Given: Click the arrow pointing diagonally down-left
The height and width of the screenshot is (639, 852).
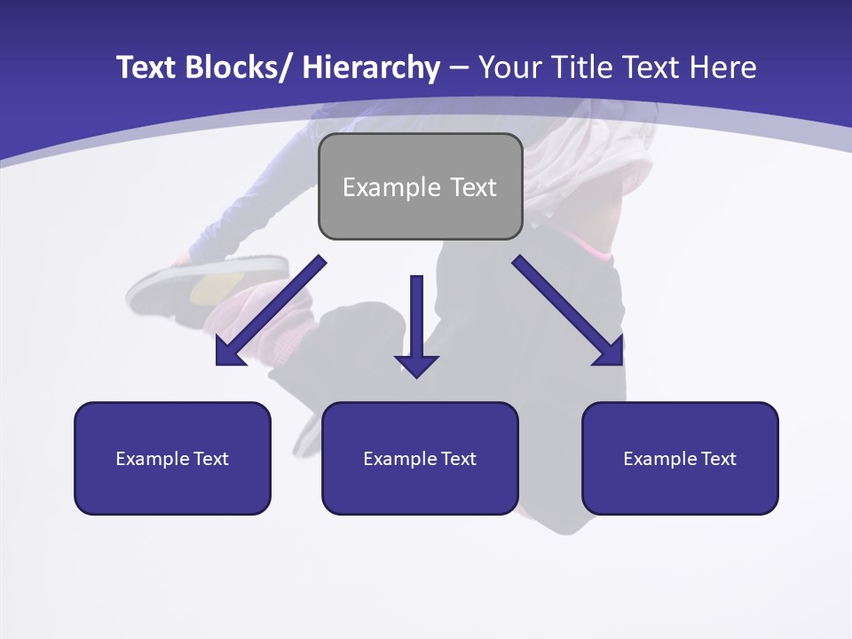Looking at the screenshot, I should tap(271, 311).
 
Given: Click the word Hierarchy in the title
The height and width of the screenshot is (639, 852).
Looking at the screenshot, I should tap(370, 67).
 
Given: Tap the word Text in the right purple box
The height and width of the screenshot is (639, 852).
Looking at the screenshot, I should tap(719, 459).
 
